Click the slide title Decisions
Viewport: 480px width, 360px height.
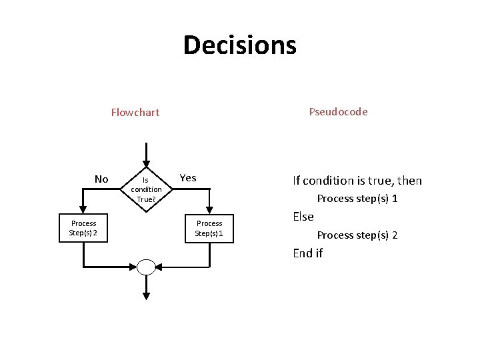[x=239, y=45]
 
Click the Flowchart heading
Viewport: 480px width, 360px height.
[x=135, y=112]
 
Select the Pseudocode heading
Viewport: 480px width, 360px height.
[x=338, y=111]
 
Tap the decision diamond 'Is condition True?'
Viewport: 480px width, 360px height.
[x=146, y=189]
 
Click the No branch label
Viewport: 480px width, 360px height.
[x=101, y=179]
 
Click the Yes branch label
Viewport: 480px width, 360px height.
[x=188, y=177]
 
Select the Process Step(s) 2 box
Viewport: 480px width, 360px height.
[x=83, y=228]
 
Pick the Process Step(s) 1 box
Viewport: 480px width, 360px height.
[x=209, y=228]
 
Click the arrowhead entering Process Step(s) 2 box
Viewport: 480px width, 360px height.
[x=83, y=211]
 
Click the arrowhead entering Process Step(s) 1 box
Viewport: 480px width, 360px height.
[x=209, y=211]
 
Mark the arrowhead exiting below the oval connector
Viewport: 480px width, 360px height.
[x=146, y=295]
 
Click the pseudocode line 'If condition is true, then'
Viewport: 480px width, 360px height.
[x=357, y=181]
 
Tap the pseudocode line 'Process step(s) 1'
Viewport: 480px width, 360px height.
[x=357, y=199]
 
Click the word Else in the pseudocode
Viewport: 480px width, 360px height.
[x=303, y=217]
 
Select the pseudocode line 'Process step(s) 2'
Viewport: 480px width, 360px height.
[x=357, y=235]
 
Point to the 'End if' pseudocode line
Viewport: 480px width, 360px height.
[x=308, y=253]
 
